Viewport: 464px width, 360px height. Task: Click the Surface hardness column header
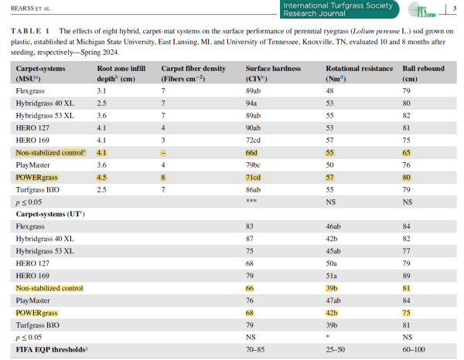(273, 73)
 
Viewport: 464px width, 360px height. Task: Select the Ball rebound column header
(423, 73)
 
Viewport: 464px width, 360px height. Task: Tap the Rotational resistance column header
(360, 73)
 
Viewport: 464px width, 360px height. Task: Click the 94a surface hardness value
(251, 104)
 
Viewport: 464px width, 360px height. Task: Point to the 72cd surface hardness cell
(253, 141)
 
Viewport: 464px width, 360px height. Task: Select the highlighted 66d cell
(251, 153)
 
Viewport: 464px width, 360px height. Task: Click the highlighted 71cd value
(253, 178)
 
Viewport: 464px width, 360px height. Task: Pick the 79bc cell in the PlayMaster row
(253, 165)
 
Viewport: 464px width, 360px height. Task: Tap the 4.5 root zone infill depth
(101, 178)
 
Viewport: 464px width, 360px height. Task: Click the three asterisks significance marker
(251, 202)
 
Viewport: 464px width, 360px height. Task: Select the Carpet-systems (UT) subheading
(50, 214)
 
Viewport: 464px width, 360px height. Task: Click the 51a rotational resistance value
(332, 276)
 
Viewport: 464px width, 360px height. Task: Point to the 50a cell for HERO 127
(332, 263)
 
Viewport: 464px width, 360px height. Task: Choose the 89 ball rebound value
(406, 276)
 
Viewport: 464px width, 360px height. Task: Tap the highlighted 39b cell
(332, 288)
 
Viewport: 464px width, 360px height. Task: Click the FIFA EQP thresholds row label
(52, 350)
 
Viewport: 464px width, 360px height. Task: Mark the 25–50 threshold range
(336, 350)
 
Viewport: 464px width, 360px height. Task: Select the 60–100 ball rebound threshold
(414, 350)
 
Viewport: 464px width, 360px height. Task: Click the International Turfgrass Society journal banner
(339, 9)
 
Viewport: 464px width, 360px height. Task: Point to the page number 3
(455, 8)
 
